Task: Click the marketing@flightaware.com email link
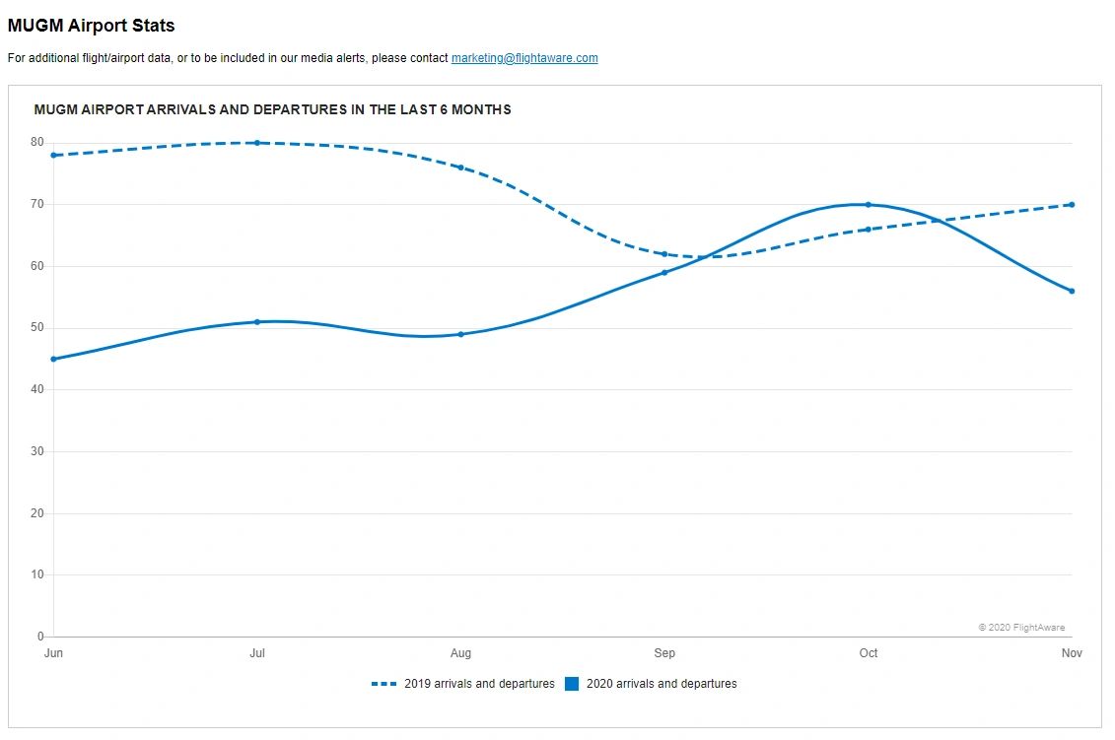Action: (x=524, y=58)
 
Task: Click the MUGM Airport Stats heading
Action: (x=91, y=26)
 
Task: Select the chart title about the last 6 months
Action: (x=272, y=109)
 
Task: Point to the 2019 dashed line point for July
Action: (x=257, y=143)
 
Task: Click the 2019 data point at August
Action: (x=460, y=168)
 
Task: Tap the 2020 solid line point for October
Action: (x=868, y=205)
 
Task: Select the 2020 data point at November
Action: (x=1072, y=291)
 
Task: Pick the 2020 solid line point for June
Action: (x=53, y=359)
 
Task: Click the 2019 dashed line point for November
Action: (x=1072, y=205)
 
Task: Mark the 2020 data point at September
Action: (x=664, y=272)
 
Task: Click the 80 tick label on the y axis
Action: (x=37, y=142)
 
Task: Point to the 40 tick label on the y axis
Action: (x=37, y=389)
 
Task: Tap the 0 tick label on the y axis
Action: (x=40, y=637)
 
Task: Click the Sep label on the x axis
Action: (x=664, y=653)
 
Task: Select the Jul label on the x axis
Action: (x=257, y=653)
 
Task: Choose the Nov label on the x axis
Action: (x=1072, y=653)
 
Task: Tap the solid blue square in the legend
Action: (x=572, y=684)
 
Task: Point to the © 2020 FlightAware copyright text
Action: (x=1021, y=628)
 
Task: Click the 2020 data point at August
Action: (x=460, y=334)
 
